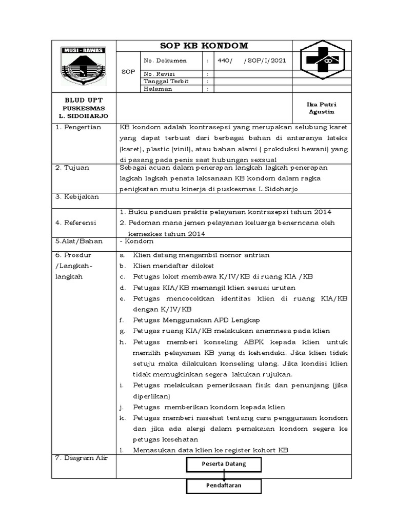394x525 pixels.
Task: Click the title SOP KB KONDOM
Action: click(204, 46)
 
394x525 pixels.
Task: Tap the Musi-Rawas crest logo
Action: click(83, 66)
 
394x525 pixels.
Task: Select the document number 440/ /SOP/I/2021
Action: click(252, 60)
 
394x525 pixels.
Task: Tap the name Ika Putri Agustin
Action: click(321, 108)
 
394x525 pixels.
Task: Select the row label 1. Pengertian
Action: click(78, 127)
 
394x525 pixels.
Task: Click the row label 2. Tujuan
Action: click(73, 168)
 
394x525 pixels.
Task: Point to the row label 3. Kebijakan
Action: click(77, 197)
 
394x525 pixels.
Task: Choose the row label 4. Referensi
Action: click(77, 223)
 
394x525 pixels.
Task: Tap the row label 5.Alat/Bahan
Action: click(79, 241)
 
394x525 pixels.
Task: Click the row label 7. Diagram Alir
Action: click(81, 458)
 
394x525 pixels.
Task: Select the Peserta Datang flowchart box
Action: click(223, 464)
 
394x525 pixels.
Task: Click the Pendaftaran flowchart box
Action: click(223, 485)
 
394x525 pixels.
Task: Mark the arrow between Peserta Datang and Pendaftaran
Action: click(224, 475)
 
